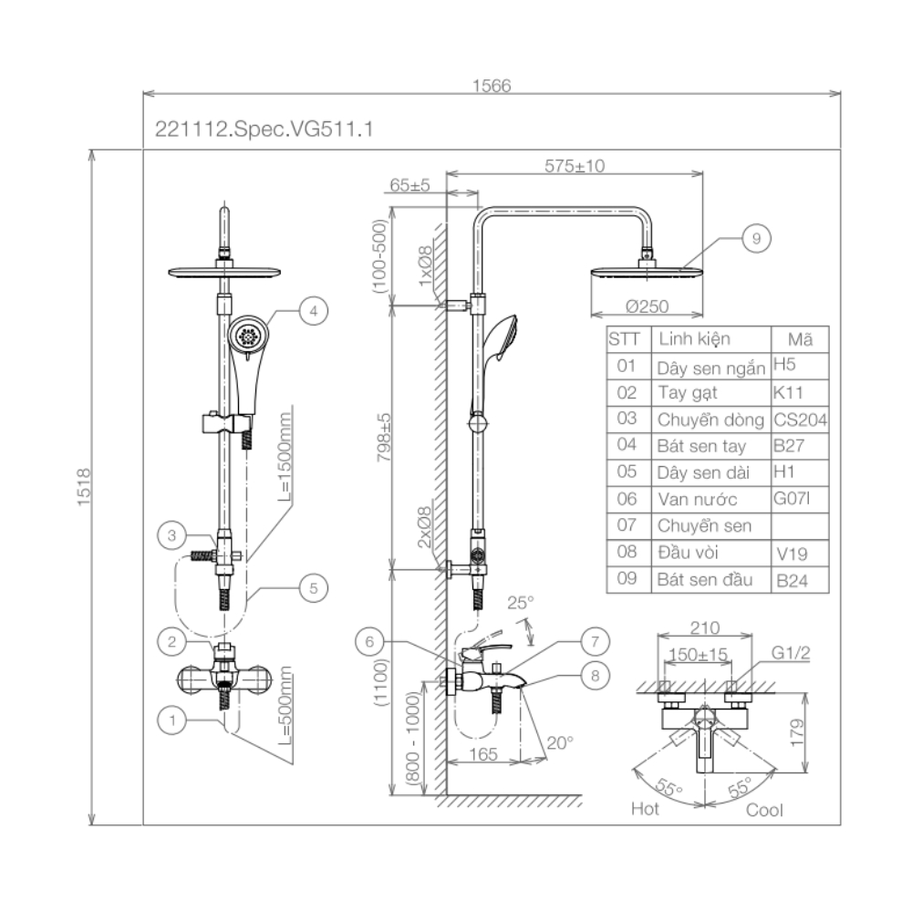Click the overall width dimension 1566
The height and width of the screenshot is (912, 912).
(x=492, y=85)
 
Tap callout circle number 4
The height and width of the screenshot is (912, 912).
(x=313, y=311)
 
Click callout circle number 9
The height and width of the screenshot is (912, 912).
(x=756, y=238)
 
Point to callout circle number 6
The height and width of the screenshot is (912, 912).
(x=369, y=641)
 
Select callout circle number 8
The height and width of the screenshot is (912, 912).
(x=594, y=675)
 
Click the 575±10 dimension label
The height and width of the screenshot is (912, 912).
(x=575, y=166)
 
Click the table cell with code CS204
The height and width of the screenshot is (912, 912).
(x=799, y=420)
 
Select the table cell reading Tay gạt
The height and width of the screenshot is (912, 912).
(x=687, y=393)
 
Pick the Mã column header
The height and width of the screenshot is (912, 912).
(x=800, y=339)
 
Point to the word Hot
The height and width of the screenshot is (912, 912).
(x=645, y=809)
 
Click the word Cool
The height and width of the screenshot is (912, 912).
(x=764, y=809)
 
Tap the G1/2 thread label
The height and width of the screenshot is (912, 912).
(x=791, y=654)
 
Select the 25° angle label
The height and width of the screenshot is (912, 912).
(x=519, y=603)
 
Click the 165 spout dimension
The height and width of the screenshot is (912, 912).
(x=485, y=753)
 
